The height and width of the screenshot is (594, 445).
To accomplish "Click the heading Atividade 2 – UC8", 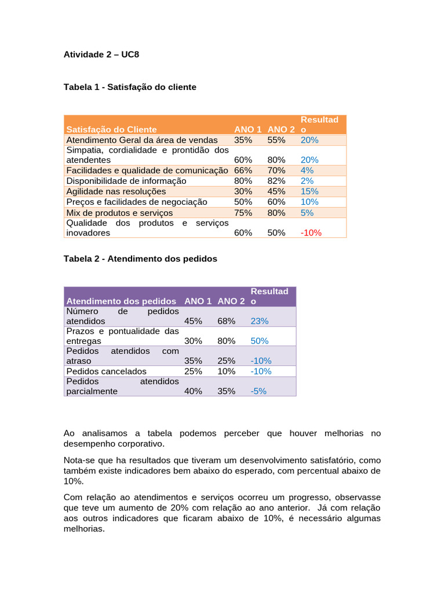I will tap(101, 55).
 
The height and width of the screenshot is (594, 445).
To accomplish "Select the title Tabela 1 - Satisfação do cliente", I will tap(130, 87).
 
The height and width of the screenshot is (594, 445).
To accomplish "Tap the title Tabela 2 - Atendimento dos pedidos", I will tap(140, 259).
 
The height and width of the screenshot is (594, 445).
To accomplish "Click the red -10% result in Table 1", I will tap(311, 233).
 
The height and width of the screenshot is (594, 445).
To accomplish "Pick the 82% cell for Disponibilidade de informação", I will tap(276, 180).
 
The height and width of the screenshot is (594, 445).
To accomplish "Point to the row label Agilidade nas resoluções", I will tap(116, 191).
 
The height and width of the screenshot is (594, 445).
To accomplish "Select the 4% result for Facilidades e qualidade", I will tap(307, 170).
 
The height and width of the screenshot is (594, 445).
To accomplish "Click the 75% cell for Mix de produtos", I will tap(243, 212).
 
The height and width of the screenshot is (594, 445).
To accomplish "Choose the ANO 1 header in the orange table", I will tap(248, 129).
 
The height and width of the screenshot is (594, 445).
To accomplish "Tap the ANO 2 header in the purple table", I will tap(231, 301).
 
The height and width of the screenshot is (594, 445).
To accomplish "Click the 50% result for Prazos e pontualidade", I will tap(259, 341).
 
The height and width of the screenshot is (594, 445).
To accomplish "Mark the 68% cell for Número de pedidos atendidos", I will tap(227, 321).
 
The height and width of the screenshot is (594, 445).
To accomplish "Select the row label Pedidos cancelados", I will tap(107, 371).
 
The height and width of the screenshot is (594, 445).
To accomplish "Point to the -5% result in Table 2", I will tap(258, 391).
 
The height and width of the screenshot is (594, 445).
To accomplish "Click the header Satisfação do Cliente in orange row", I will tap(111, 129).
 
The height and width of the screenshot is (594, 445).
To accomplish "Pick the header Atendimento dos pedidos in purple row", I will tap(121, 301).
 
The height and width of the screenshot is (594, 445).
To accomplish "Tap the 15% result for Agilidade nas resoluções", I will tap(309, 191).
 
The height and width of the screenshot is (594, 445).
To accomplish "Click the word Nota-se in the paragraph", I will tap(78, 459).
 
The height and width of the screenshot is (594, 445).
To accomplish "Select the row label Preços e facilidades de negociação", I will tap(137, 201).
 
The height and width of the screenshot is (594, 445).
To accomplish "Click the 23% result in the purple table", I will tap(259, 321).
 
